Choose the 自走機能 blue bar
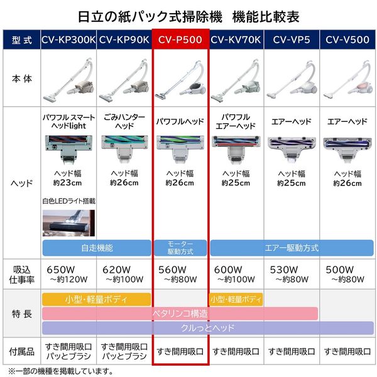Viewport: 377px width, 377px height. pos(96,247)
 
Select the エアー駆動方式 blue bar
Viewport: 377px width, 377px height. pos(292,247)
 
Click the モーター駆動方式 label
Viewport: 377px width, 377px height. pos(180,247)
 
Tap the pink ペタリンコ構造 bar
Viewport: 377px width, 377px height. pos(180,313)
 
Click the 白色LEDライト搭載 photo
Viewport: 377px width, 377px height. pos(68,222)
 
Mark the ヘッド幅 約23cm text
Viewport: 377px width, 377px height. pos(68,178)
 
